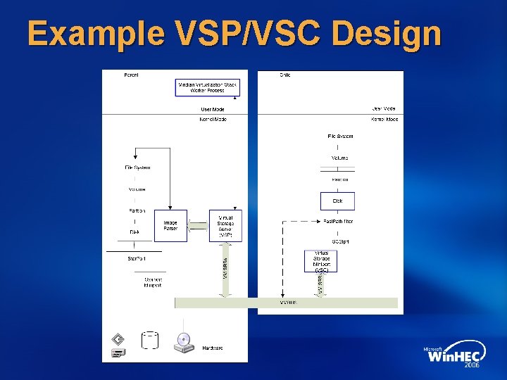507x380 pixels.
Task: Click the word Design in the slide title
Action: (384, 33)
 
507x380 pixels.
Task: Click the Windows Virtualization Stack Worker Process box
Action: (207, 88)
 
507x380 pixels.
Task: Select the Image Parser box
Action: (170, 226)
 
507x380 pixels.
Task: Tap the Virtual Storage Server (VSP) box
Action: (225, 226)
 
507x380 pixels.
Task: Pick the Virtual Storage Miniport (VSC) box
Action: (320, 261)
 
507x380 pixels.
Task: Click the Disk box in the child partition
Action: (337, 201)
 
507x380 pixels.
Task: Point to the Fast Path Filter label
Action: (338, 222)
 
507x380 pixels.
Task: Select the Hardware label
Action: (213, 348)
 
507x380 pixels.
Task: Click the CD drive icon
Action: (184, 342)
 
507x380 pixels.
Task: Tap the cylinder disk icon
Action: (150, 341)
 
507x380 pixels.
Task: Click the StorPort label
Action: (136, 259)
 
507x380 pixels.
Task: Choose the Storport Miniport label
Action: (152, 282)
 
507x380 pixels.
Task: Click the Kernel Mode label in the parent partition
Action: (213, 120)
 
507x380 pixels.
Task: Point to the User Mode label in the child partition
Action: (383, 109)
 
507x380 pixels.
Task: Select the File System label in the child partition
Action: (340, 136)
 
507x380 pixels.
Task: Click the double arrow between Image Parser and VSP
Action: (199, 226)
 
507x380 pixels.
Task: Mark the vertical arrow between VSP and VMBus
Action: (225, 269)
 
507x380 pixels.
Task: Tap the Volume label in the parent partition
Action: (137, 189)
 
